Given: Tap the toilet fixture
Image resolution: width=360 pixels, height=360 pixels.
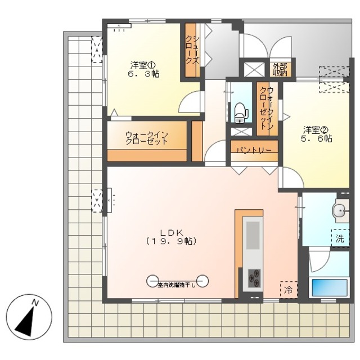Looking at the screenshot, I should tap(241, 112).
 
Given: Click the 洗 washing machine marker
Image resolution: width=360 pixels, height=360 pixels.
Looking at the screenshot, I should tap(340, 238).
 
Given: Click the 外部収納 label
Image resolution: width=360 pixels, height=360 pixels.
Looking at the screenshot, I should tap(280, 69).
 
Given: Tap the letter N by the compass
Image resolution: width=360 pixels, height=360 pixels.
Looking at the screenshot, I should tap(35, 304).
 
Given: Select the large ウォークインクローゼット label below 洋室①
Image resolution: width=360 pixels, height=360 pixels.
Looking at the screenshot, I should tap(147, 138).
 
